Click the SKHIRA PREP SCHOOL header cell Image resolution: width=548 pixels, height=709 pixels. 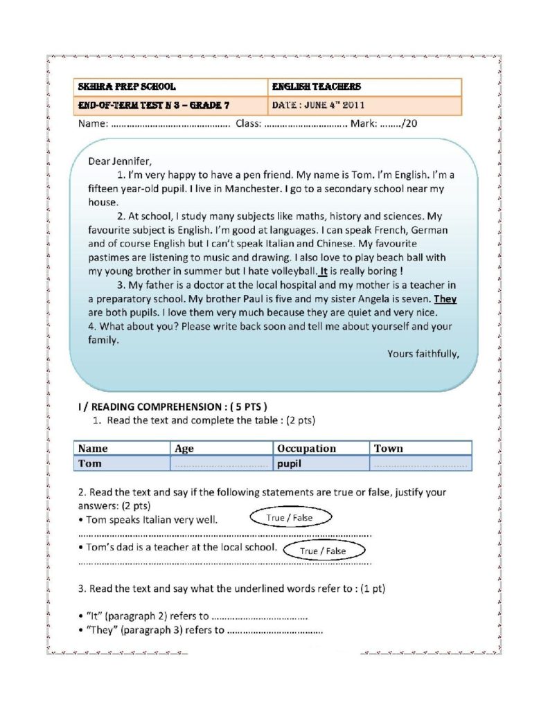(x=127, y=87)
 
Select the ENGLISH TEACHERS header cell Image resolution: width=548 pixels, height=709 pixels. (x=317, y=87)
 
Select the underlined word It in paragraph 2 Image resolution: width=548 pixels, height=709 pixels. (x=322, y=271)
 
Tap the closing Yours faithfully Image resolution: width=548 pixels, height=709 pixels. (x=423, y=354)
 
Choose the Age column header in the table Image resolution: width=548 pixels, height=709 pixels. (x=184, y=448)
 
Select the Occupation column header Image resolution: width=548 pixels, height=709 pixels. (x=306, y=448)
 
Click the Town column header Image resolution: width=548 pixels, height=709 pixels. (x=388, y=448)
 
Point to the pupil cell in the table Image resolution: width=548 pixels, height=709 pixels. (x=289, y=463)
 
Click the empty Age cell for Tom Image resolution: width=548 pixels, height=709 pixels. (x=222, y=463)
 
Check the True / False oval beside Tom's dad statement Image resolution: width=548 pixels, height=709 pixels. (x=323, y=551)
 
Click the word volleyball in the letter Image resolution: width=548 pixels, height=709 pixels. (x=291, y=271)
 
